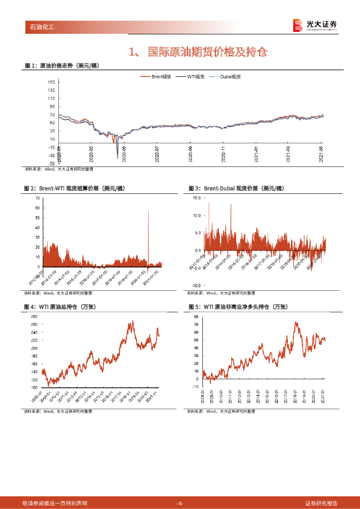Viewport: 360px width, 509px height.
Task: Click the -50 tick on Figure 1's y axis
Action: (51, 164)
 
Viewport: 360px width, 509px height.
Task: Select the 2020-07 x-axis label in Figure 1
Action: (157, 152)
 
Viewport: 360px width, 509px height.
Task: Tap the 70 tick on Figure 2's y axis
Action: (38, 198)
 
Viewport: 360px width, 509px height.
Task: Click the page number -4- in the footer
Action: (180, 503)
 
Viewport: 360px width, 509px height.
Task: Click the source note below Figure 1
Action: (58, 170)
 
